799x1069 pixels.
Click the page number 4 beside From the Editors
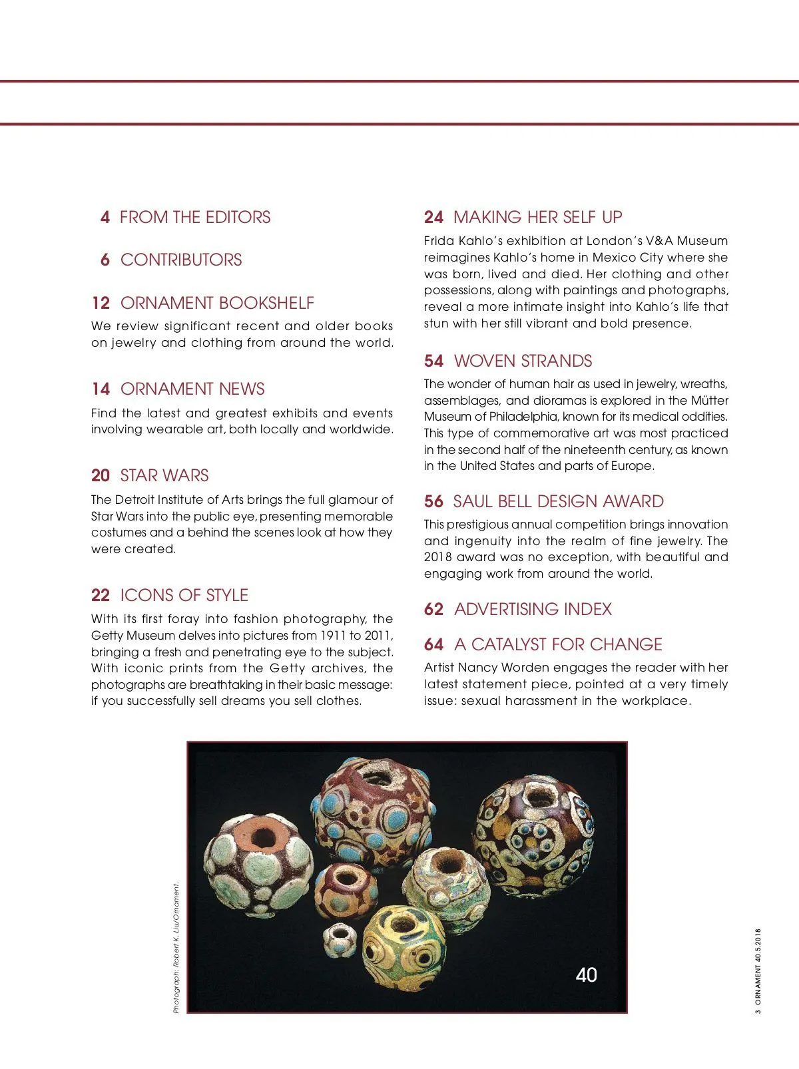(x=105, y=217)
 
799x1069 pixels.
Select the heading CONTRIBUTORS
(x=181, y=260)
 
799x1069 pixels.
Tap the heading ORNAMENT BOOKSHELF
(x=217, y=303)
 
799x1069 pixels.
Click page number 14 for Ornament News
(x=101, y=389)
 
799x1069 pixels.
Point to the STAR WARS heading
(x=164, y=475)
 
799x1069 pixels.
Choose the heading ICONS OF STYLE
(x=184, y=595)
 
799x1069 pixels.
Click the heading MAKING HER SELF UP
(x=537, y=217)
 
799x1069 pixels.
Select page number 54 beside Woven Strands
(x=433, y=361)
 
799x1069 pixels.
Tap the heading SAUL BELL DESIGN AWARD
(x=558, y=501)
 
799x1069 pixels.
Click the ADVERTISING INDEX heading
(x=533, y=609)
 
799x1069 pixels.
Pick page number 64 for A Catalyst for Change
(x=433, y=644)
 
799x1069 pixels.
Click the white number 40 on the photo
(x=586, y=975)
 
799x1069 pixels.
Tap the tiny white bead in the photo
(x=340, y=938)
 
